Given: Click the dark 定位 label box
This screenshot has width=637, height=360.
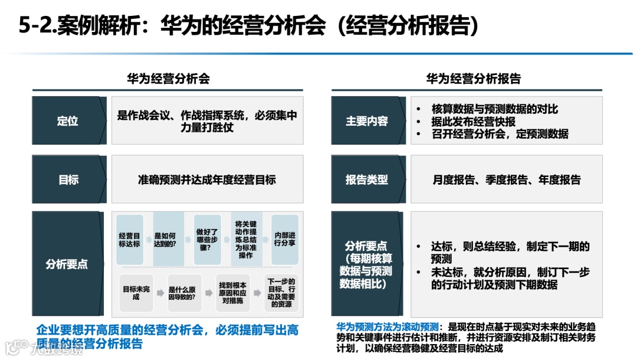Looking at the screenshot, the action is tap(67, 121).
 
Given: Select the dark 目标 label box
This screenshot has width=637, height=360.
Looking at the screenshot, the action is tap(67, 180).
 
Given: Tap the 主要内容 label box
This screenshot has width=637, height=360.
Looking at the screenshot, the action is tap(366, 121).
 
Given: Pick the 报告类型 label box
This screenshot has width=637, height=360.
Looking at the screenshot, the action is tap(366, 180).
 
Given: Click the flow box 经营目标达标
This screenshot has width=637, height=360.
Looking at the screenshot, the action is tap(129, 239).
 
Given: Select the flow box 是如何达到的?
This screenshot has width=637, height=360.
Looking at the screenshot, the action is tap(168, 239).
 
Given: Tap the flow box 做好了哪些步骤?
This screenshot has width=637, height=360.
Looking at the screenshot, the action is tap(207, 239).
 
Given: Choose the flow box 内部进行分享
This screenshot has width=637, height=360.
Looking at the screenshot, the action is tap(285, 239).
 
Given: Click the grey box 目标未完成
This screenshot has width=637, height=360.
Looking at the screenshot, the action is tap(136, 293).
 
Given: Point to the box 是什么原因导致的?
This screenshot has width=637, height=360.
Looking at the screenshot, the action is tap(185, 293).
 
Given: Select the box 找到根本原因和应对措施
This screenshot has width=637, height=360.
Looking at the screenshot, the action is tap(233, 293).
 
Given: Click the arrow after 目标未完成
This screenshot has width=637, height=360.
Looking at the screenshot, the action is tap(160, 293).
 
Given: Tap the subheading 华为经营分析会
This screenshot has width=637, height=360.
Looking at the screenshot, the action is tap(168, 78).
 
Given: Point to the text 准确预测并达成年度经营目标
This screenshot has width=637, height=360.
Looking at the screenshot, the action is tap(206, 180).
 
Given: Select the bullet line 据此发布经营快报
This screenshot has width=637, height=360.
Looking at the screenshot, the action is tap(473, 122).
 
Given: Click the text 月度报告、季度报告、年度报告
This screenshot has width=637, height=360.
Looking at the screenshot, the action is tap(506, 180).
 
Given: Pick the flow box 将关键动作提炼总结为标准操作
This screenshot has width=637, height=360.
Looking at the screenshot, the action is tap(246, 239).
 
